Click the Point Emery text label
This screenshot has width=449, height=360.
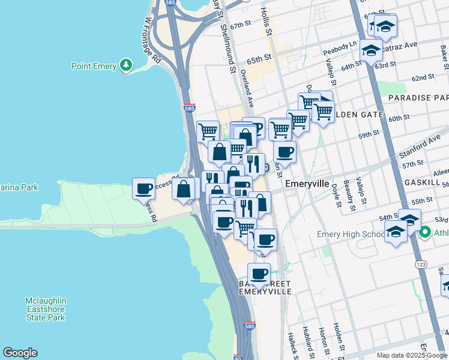[x=94, y=66]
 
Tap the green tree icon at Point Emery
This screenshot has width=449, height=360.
[x=126, y=65]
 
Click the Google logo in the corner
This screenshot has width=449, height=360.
[x=20, y=353]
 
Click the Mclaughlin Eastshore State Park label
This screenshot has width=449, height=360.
[x=45, y=308]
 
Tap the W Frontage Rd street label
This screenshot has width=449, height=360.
[x=152, y=40]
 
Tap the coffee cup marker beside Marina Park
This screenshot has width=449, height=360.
[x=144, y=189]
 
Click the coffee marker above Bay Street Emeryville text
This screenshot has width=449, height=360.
[x=259, y=274]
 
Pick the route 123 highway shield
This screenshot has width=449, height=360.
[x=419, y=263]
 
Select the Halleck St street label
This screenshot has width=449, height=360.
[x=293, y=346]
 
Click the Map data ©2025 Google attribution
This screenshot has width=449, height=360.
[x=412, y=355]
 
